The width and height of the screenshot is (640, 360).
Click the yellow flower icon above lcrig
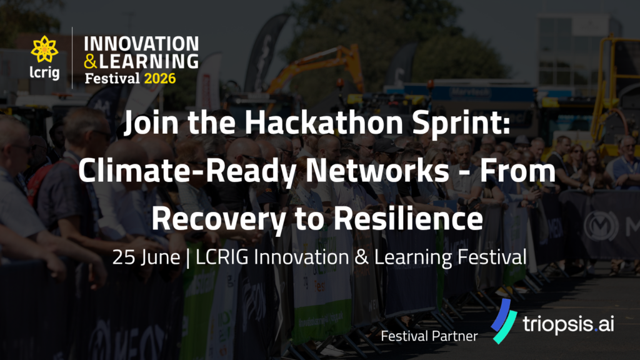pyautogui.click(x=44, y=49)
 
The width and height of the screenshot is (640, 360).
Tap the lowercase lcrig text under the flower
pyautogui.click(x=44, y=72)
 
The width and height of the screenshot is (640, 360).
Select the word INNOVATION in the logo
pyautogui.click(x=142, y=44)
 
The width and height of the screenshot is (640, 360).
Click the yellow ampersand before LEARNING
pyautogui.click(x=91, y=61)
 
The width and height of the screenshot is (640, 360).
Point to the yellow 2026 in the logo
pyautogui.click(x=160, y=78)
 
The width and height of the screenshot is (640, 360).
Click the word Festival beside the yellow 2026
pyautogui.click(x=112, y=78)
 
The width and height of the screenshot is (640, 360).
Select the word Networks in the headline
pyautogui.click(x=377, y=171)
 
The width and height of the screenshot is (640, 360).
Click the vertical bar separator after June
pyautogui.click(x=187, y=258)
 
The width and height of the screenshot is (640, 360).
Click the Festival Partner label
pyautogui.click(x=429, y=336)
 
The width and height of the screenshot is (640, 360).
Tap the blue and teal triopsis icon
pyautogui.click(x=504, y=321)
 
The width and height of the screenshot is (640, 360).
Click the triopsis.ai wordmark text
pyautogui.click(x=568, y=324)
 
